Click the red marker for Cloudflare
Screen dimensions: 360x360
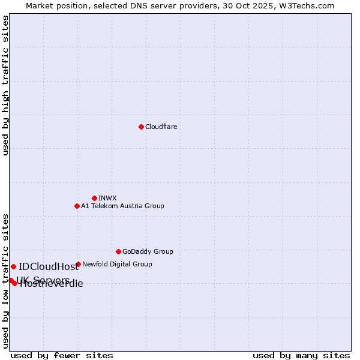pyautogui.click(x=141, y=127)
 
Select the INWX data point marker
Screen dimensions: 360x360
pyautogui.click(x=94, y=198)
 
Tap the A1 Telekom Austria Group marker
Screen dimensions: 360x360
pyautogui.click(x=77, y=206)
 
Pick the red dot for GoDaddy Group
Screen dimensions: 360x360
pyautogui.click(x=118, y=251)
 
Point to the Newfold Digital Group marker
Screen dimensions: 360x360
pyautogui.click(x=78, y=264)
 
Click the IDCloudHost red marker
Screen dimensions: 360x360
pyautogui.click(x=13, y=266)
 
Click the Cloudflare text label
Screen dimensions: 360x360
pyautogui.click(x=161, y=127)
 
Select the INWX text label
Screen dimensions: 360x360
pyautogui.click(x=107, y=198)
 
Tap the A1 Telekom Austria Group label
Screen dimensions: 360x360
pyautogui.click(x=122, y=206)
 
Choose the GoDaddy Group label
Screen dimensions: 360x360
pyautogui.click(x=148, y=251)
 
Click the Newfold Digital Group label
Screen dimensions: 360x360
pyautogui.click(x=117, y=264)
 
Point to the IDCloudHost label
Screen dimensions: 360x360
pyautogui.click(x=49, y=267)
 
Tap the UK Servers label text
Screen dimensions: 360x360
pyautogui.click(x=43, y=280)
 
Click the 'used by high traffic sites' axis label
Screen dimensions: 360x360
pyautogui.click(x=5, y=85)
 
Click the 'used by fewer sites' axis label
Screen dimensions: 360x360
pyautogui.click(x=62, y=355)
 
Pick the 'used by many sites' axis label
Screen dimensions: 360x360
pyautogui.click(x=301, y=355)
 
